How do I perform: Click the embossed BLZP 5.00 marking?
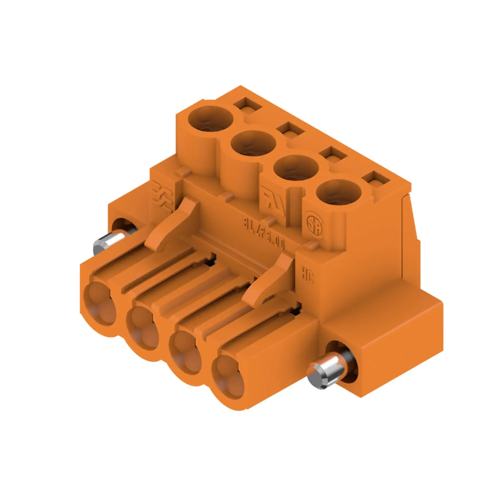coord(264,235)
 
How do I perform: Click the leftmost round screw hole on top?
coord(211,119)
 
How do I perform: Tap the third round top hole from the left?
coord(296,168)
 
